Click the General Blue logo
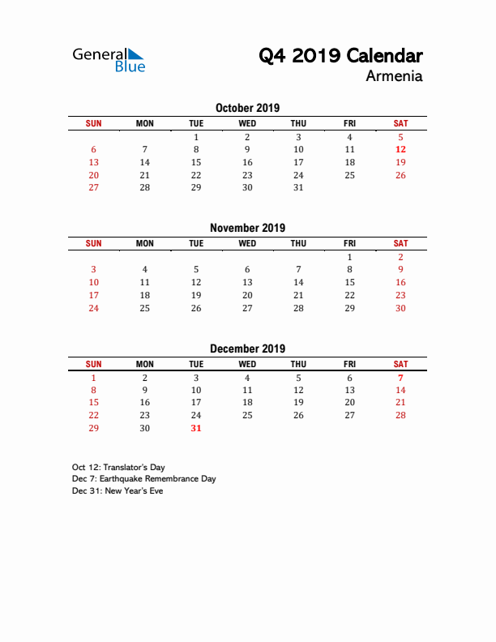pyautogui.click(x=109, y=59)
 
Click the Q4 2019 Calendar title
pyautogui.click(x=340, y=56)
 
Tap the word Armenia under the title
pyautogui.click(x=394, y=77)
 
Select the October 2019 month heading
pyautogui.click(x=247, y=108)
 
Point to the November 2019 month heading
pyautogui.click(x=247, y=228)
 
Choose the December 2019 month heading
pyautogui.click(x=247, y=349)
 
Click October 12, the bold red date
pyautogui.click(x=400, y=149)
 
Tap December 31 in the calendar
pyautogui.click(x=196, y=428)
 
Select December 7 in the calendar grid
pyautogui.click(x=400, y=378)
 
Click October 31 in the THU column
pyautogui.click(x=298, y=187)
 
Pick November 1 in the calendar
pyautogui.click(x=349, y=257)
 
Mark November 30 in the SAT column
pyautogui.click(x=400, y=308)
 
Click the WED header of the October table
pyautogui.click(x=247, y=123)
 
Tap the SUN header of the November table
pyautogui.click(x=94, y=243)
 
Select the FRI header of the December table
pyautogui.click(x=349, y=364)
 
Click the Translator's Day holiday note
pyautogui.click(x=119, y=468)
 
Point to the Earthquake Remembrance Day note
pyautogui.click(x=143, y=479)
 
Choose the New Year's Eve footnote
pyautogui.click(x=118, y=490)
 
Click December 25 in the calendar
pyautogui.click(x=247, y=415)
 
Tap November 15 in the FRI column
pyautogui.click(x=349, y=282)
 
